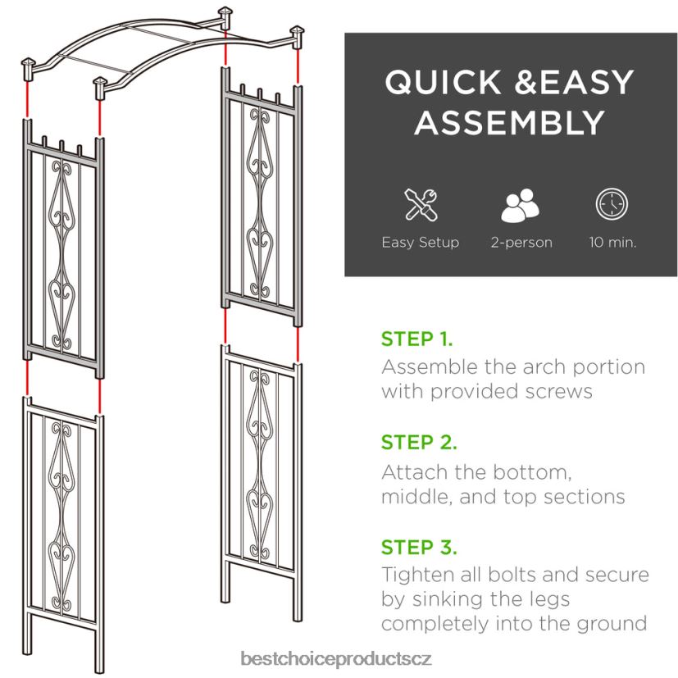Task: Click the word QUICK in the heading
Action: (432, 83)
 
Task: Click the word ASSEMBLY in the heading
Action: (509, 122)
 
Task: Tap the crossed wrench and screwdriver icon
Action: (421, 204)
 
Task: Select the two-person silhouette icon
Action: (521, 205)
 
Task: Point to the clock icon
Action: (612, 204)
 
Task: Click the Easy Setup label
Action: (421, 243)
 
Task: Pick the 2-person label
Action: (521, 243)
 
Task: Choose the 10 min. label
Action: (612, 243)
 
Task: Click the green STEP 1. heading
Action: (416, 339)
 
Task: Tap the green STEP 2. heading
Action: (418, 443)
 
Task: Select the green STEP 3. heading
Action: (419, 547)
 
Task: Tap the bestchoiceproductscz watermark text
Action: (339, 658)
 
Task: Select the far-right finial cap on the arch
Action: (298, 34)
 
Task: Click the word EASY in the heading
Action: (568, 83)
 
